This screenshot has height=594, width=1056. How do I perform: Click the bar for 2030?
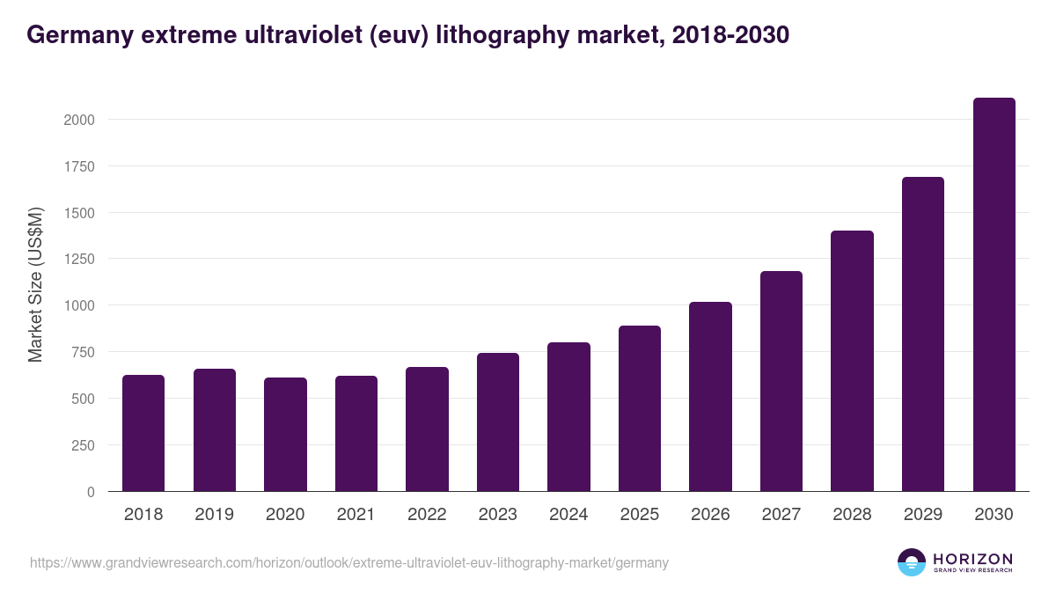pyautogui.click(x=994, y=295)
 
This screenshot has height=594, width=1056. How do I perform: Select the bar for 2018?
pyautogui.click(x=143, y=433)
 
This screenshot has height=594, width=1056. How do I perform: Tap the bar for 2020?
pyautogui.click(x=285, y=435)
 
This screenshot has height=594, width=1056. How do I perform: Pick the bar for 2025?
pyautogui.click(x=640, y=408)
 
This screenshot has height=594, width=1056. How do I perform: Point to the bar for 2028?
pyautogui.click(x=852, y=361)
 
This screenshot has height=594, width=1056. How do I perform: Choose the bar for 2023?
pyautogui.click(x=498, y=422)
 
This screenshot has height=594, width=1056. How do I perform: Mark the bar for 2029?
pyautogui.click(x=923, y=334)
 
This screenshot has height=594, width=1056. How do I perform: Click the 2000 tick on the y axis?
pyautogui.click(x=79, y=120)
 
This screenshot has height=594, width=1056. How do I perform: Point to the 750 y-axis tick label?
pyautogui.click(x=83, y=352)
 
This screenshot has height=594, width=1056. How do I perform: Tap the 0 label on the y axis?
pyautogui.click(x=91, y=492)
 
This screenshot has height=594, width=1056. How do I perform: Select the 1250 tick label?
pyautogui.click(x=79, y=260)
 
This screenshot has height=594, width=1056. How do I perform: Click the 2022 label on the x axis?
pyautogui.click(x=427, y=515)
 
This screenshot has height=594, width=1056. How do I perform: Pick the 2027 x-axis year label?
pyautogui.click(x=781, y=515)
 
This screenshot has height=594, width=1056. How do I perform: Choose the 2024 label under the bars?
pyautogui.click(x=568, y=515)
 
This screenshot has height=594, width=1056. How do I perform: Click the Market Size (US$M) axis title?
pyautogui.click(x=36, y=285)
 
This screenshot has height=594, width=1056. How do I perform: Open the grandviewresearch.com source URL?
pyautogui.click(x=348, y=562)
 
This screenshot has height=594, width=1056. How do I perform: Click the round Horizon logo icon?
pyautogui.click(x=912, y=562)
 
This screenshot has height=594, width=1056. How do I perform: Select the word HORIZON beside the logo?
pyautogui.click(x=972, y=559)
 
